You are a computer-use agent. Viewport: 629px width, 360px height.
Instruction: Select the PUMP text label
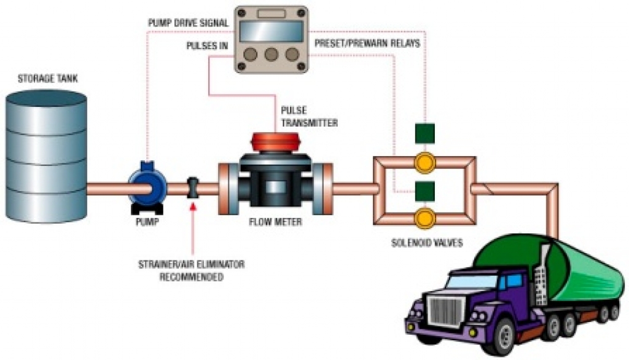(x=146, y=222)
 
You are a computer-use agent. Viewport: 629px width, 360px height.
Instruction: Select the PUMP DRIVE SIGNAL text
(x=188, y=23)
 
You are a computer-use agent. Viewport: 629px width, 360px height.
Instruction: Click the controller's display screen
(x=272, y=31)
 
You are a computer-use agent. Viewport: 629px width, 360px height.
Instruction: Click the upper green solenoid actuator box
(x=424, y=133)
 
